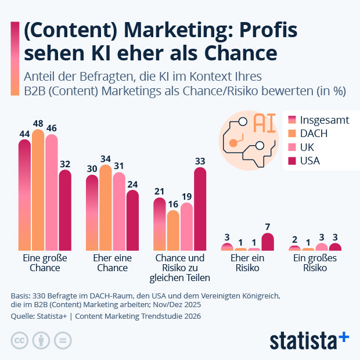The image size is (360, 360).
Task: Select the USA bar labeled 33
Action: [200, 209]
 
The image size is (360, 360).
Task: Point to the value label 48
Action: [38, 124]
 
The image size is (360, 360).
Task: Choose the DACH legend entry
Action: [314, 134]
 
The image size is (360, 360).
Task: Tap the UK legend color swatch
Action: [293, 147]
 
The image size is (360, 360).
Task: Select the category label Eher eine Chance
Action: [112, 263]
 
